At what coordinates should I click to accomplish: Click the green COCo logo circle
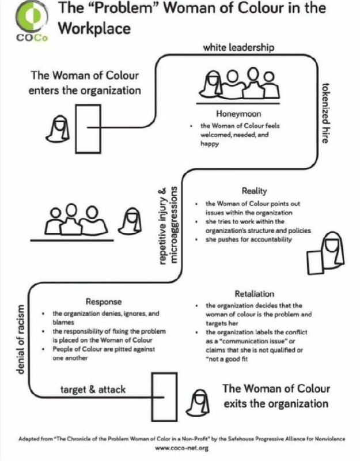32,17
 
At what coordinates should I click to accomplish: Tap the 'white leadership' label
238,47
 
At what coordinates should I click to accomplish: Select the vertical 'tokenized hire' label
325,113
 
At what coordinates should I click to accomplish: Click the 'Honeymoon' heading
238,114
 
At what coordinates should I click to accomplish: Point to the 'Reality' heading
255,191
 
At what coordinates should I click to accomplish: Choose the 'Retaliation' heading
255,294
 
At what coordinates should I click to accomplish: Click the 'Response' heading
104,301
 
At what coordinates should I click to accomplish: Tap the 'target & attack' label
93,390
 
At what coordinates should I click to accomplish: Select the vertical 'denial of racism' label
20,339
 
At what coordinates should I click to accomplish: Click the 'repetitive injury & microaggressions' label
168,225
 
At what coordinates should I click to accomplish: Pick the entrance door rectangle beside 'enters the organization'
88,129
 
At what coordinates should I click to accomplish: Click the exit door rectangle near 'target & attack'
164,396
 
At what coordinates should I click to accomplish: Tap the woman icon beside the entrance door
60,129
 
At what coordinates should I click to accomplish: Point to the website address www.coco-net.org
181,448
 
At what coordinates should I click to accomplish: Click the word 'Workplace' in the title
94,29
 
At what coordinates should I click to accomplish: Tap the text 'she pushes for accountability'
249,239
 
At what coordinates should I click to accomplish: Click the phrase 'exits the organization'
276,403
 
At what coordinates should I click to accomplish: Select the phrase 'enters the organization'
85,90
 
